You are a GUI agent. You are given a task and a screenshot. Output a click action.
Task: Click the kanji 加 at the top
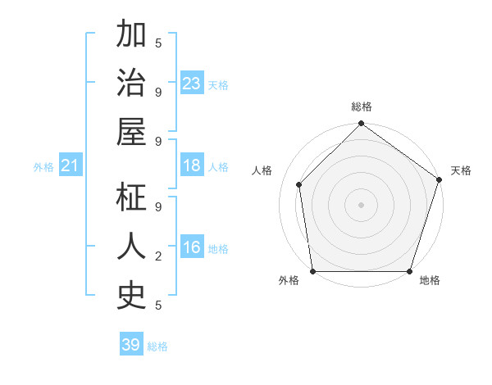pos(130,38)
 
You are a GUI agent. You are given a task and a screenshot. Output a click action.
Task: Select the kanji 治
pos(130,84)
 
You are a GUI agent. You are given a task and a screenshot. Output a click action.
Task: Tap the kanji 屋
pos(130,134)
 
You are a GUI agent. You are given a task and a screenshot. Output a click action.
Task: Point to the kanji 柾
pos(130,197)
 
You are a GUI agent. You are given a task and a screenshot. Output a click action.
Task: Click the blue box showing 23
pos(192,84)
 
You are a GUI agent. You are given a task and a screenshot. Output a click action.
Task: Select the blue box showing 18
pos(192,165)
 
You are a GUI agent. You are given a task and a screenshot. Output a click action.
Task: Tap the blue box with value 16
pos(192,247)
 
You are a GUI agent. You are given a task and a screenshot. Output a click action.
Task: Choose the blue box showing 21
pos(71,166)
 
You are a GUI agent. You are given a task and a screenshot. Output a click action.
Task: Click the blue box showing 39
pos(130,345)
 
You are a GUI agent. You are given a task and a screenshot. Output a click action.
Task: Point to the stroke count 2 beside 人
pos(158,256)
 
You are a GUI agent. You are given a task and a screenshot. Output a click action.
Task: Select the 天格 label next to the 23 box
pos(218,85)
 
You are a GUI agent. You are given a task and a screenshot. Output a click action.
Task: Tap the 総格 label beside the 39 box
pos(157,346)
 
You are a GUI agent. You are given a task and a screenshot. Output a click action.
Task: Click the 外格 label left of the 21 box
pos(43,167)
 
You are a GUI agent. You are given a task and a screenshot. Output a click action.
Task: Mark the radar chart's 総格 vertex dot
pos(361,125)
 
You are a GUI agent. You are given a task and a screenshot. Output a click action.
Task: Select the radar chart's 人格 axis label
pos(262,170)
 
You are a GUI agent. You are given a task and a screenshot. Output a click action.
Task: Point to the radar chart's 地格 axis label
pos(430,280)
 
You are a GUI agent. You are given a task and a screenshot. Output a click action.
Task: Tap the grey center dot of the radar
pos(361,205)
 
